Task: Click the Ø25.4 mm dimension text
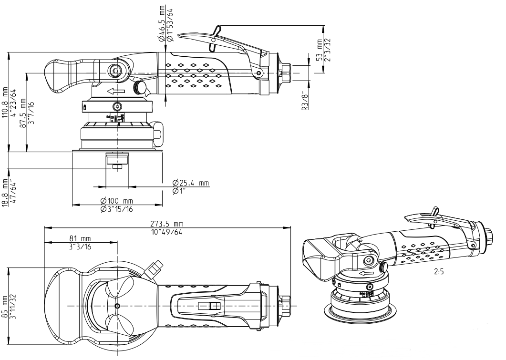(190, 183)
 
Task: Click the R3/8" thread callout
(304, 102)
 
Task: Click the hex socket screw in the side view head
(115, 72)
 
